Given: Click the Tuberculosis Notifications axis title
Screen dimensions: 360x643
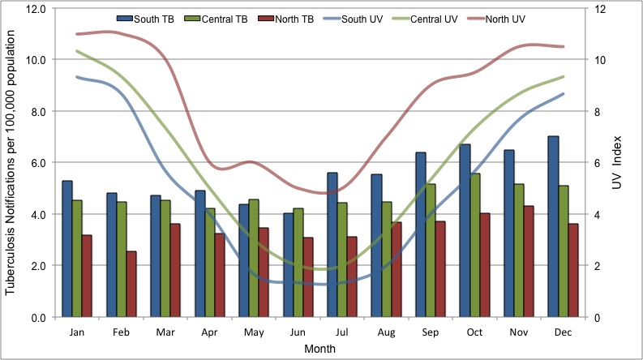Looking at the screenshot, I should (x=12, y=162).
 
